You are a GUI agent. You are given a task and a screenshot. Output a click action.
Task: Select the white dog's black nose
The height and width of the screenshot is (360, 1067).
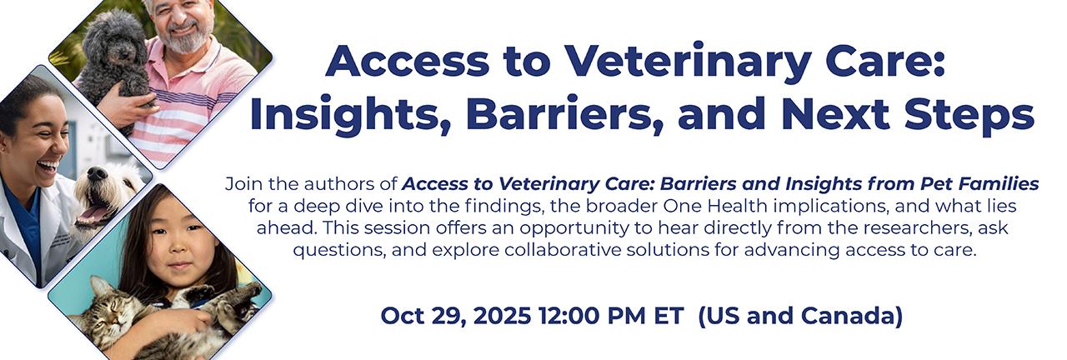pyautogui.click(x=98, y=174)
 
